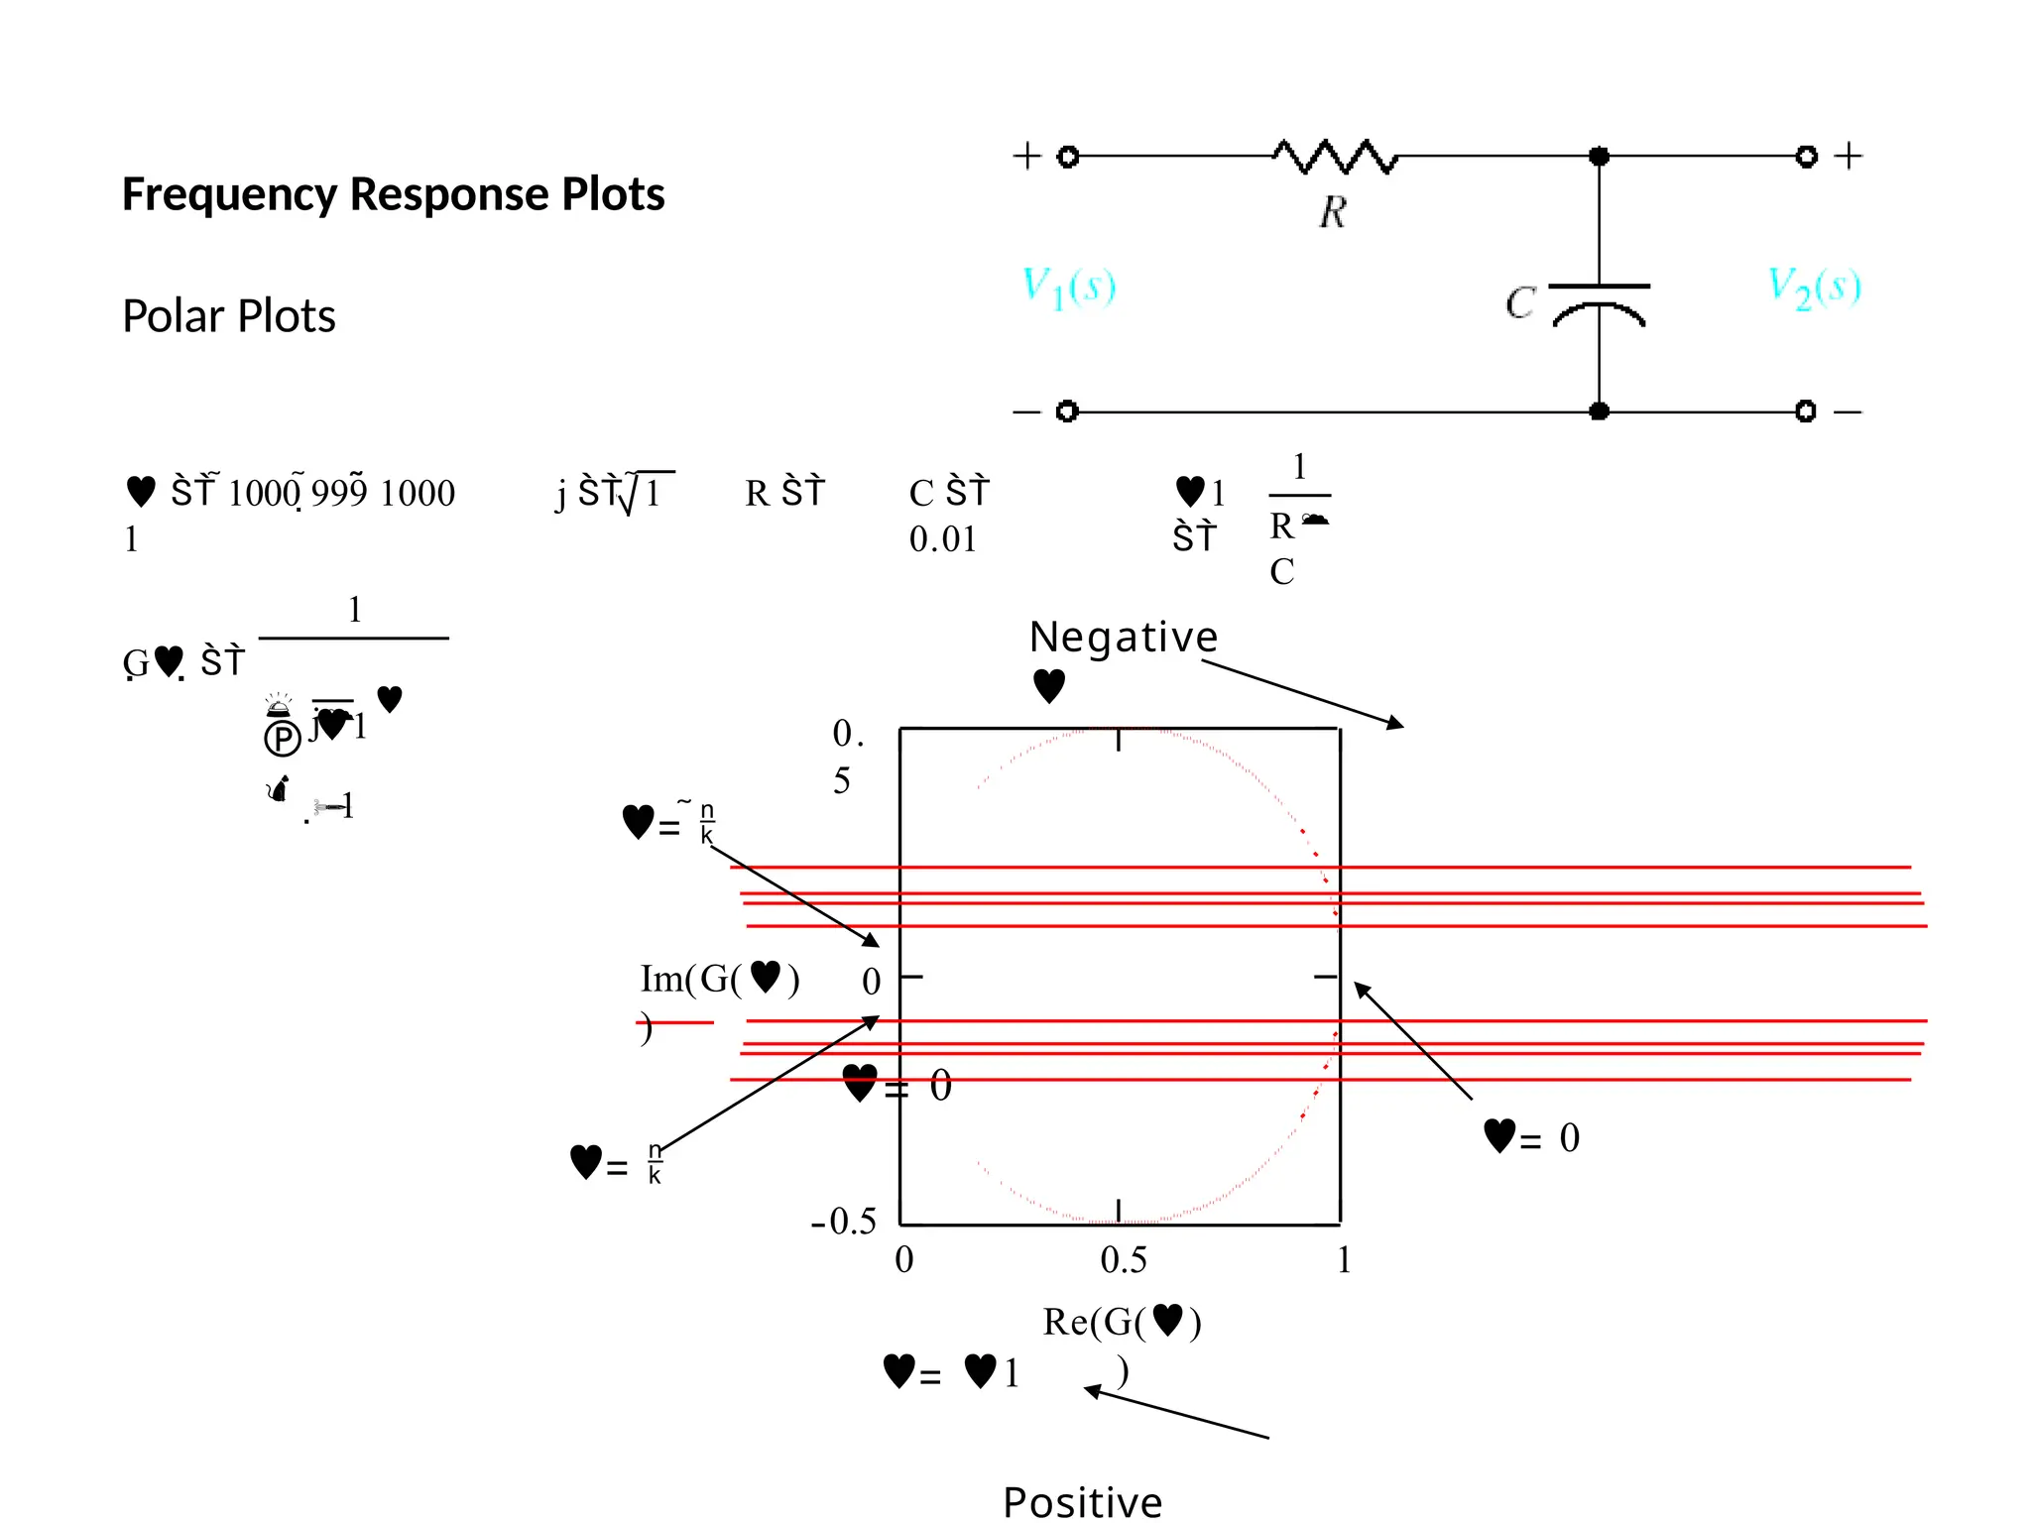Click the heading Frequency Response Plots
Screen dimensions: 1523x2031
tap(393, 193)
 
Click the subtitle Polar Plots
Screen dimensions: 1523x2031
tap(228, 316)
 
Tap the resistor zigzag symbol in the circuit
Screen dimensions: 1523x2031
tap(1335, 157)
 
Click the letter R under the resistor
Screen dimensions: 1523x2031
tap(1333, 212)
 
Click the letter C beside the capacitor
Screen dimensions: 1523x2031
tap(1519, 302)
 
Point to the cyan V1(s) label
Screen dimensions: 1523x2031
tap(1068, 288)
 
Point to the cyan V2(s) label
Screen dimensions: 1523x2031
tap(1814, 287)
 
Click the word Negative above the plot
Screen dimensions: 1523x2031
tap(1123, 637)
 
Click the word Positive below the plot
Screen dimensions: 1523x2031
tap(1082, 1502)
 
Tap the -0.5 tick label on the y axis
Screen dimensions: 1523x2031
tap(844, 1221)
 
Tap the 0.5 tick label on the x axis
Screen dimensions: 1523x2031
tap(1124, 1260)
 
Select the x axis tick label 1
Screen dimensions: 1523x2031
tap(1344, 1260)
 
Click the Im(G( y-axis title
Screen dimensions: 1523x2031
tap(719, 980)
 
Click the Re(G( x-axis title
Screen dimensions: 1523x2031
tap(1122, 1322)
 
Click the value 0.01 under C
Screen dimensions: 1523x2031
tap(942, 539)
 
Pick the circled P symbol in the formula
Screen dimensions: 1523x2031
tap(282, 738)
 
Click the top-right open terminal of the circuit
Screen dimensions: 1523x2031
tap(1806, 157)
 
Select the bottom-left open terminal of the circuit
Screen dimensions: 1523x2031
tap(1067, 410)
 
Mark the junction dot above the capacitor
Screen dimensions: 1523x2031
tap(1599, 157)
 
